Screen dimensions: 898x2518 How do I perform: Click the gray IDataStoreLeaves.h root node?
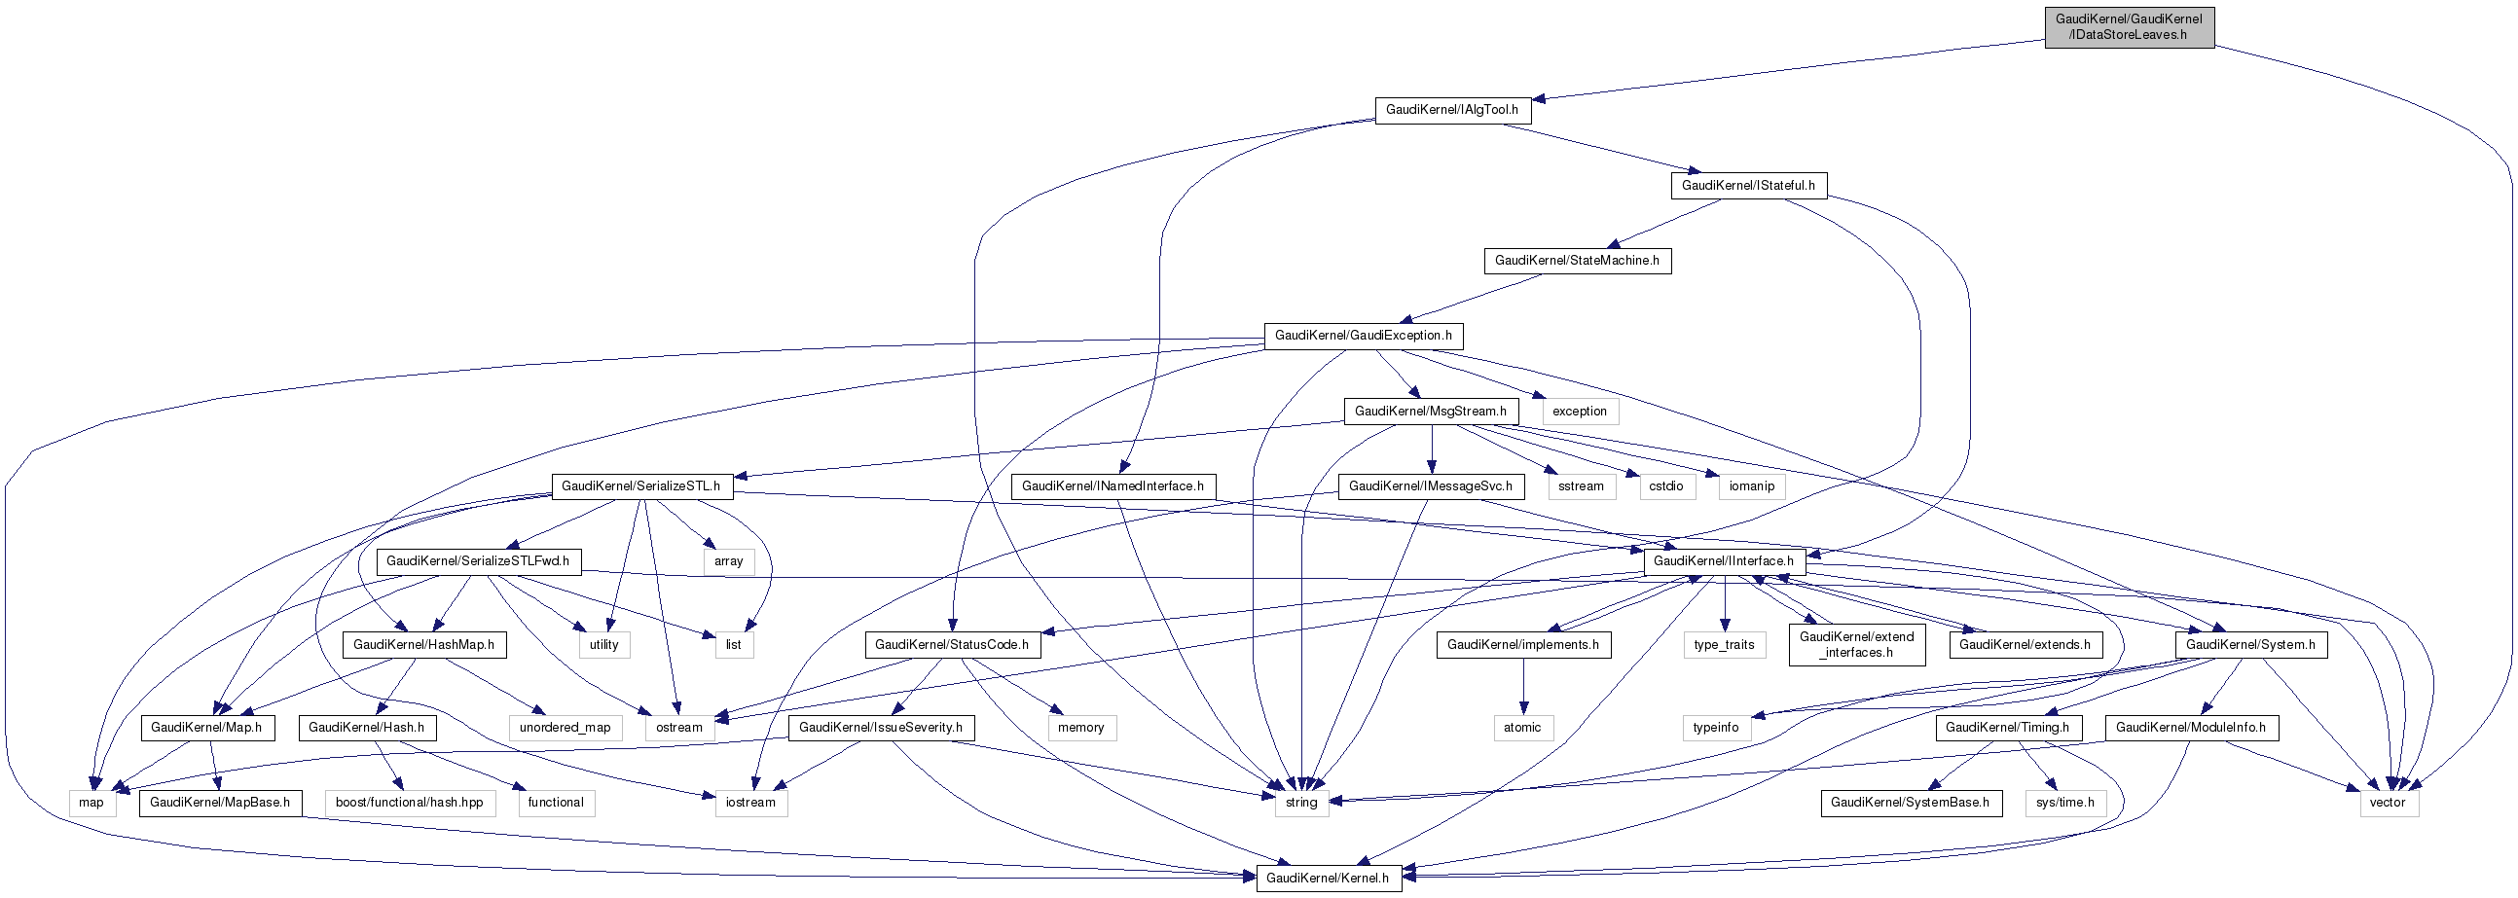click(2128, 26)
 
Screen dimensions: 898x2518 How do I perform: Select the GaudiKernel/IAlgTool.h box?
click(1451, 109)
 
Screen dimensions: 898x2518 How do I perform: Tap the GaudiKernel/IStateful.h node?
click(1748, 185)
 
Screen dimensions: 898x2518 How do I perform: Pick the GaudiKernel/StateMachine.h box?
click(1577, 260)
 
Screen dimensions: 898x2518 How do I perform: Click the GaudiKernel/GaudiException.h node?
click(1363, 335)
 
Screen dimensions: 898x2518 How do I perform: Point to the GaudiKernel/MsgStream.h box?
click(1430, 412)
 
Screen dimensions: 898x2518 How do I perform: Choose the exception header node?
click(1579, 412)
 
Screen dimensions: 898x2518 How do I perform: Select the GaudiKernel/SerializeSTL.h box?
click(640, 485)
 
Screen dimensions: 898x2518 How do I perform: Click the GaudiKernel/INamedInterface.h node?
click(1113, 485)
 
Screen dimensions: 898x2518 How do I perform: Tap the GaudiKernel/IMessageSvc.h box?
click(1430, 485)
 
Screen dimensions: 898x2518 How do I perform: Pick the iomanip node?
click(1751, 485)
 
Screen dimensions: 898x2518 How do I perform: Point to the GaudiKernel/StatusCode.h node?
click(952, 644)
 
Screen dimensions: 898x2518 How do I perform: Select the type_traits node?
click(1725, 644)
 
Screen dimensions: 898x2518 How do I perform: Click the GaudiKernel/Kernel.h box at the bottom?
click(1328, 878)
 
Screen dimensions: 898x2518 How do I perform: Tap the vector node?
click(2387, 803)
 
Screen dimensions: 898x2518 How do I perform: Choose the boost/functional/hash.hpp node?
click(410, 803)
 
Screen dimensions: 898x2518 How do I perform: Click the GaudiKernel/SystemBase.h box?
click(1909, 803)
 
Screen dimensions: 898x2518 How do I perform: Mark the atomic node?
click(1522, 727)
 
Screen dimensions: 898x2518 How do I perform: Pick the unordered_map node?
click(565, 727)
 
